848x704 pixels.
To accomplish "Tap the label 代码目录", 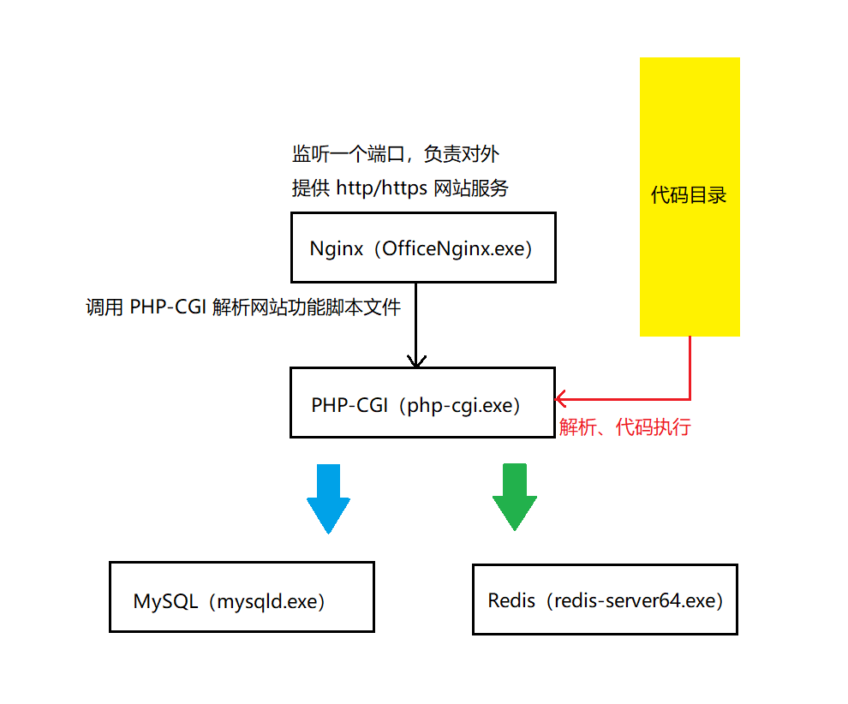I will coord(689,195).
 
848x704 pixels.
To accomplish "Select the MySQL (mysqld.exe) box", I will coord(242,597).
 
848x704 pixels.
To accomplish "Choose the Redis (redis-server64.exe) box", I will coord(605,599).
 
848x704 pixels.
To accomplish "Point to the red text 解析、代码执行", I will coord(624,427).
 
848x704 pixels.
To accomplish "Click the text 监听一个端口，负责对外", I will coord(395,155).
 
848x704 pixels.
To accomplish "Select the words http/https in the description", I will coord(381,188).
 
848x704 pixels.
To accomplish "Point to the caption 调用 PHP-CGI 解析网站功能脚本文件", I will coord(243,307).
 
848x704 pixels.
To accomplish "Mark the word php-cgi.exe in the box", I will coord(463,404).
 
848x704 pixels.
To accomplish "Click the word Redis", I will coord(511,600).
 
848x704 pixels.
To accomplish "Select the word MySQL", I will coord(165,601).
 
